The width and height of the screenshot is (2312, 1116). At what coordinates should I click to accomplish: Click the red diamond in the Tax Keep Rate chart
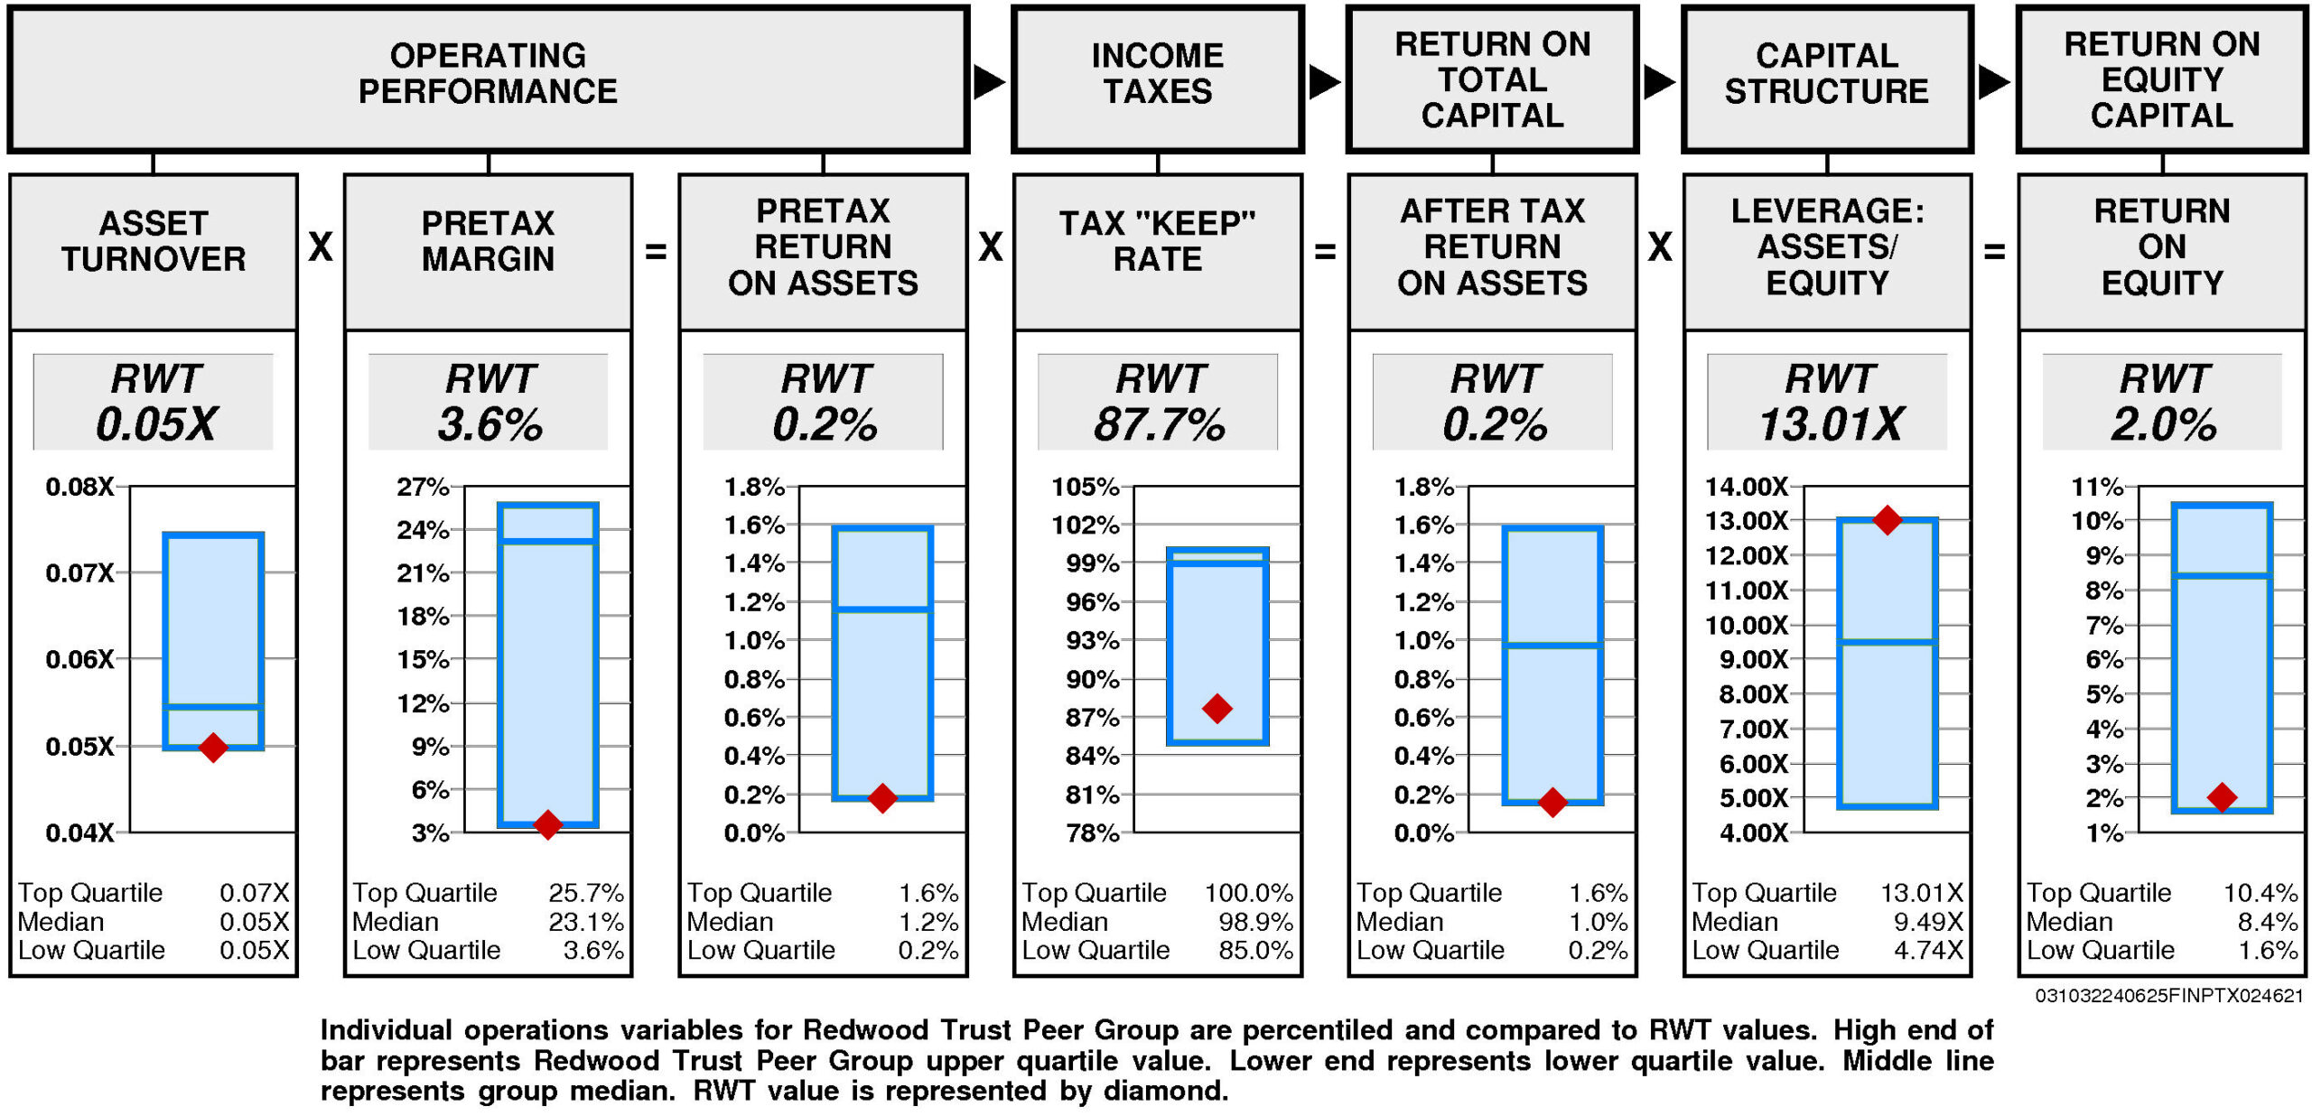1217,708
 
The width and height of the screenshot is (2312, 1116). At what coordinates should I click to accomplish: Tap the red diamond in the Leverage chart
1887,520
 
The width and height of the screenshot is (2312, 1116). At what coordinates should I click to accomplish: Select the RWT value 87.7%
1159,424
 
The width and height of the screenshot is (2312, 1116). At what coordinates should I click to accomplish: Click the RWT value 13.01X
1830,424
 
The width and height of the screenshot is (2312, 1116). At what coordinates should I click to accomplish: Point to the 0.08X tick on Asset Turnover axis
80,488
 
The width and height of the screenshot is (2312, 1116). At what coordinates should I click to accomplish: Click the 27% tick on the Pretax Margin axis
423,488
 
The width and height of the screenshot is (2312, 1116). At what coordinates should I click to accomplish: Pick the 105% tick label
1085,488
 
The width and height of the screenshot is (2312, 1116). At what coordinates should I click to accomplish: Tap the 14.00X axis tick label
1746,488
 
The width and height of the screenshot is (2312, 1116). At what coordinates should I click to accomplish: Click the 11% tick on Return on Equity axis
2097,488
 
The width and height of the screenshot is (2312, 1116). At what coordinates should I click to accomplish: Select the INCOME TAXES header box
1158,79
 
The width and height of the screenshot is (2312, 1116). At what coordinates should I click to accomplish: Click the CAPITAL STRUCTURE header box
1827,79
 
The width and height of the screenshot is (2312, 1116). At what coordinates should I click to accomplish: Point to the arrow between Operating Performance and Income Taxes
989,82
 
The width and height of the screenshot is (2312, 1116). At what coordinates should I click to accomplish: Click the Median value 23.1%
586,922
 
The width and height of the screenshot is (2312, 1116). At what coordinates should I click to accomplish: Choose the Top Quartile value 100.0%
1248,893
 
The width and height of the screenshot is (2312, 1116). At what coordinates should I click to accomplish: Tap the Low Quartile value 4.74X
1928,950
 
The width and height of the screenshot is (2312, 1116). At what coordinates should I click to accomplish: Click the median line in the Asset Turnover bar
213,707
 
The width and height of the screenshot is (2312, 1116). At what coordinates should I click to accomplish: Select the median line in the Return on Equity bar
2222,574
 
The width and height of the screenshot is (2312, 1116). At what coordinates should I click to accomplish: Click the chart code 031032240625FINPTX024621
2168,996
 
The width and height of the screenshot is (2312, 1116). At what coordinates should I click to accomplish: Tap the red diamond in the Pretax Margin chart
547,823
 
